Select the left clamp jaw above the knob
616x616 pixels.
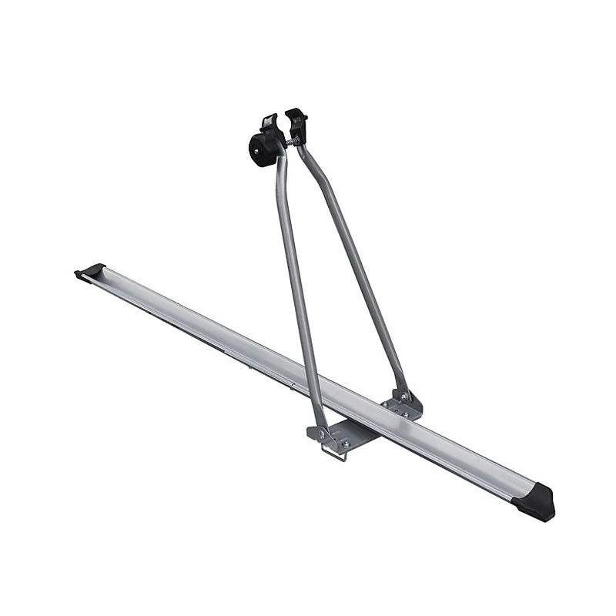[269, 124]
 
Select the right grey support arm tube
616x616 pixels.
[358, 262]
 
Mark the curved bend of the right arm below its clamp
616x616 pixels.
[305, 157]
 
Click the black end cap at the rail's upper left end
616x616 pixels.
[91, 271]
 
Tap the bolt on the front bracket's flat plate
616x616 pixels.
[346, 444]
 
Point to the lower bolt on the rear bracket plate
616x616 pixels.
[405, 415]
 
